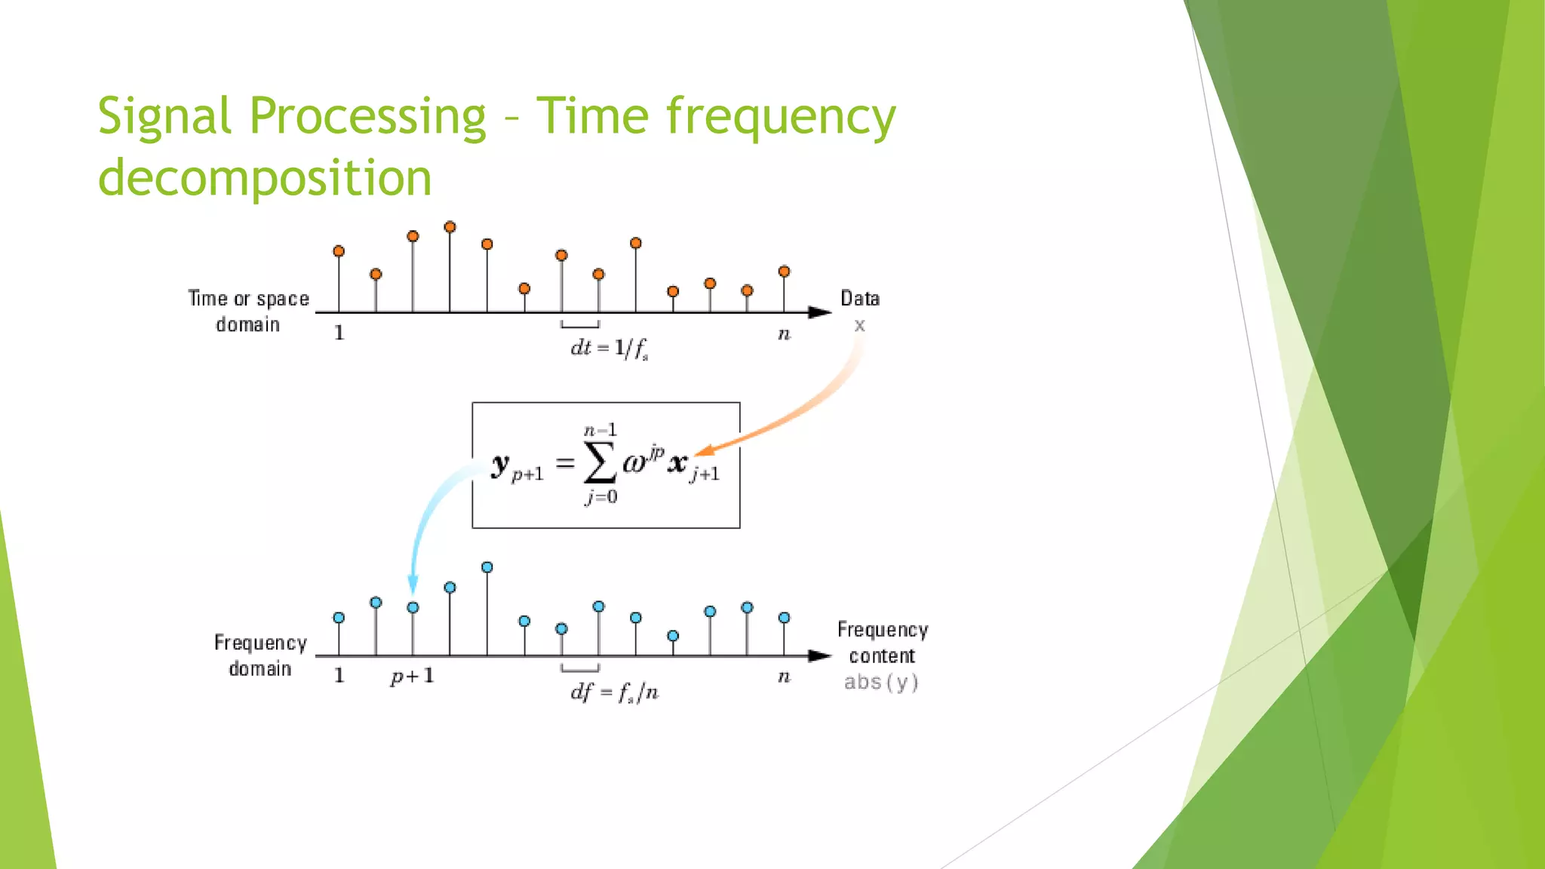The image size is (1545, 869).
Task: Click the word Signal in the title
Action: click(x=164, y=118)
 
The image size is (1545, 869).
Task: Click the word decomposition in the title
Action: click(x=265, y=179)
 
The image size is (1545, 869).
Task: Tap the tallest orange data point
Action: click(x=450, y=227)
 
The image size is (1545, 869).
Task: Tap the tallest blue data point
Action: click(x=487, y=567)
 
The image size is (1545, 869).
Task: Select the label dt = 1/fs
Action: click(x=610, y=348)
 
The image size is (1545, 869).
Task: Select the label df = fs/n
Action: click(x=614, y=692)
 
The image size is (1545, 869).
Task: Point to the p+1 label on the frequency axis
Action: click(x=412, y=676)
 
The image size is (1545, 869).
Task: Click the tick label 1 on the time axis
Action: click(x=339, y=333)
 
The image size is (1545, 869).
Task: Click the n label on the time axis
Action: click(x=784, y=334)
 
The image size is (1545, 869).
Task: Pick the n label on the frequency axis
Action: click(x=784, y=677)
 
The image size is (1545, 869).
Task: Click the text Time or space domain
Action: click(x=248, y=312)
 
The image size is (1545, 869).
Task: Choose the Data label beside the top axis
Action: click(x=860, y=299)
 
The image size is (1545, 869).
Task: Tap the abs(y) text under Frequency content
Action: click(x=881, y=683)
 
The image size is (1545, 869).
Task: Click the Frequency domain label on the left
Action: click(x=260, y=656)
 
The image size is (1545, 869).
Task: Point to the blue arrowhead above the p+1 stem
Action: click(x=413, y=584)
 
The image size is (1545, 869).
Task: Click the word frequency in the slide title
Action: click(x=780, y=118)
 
